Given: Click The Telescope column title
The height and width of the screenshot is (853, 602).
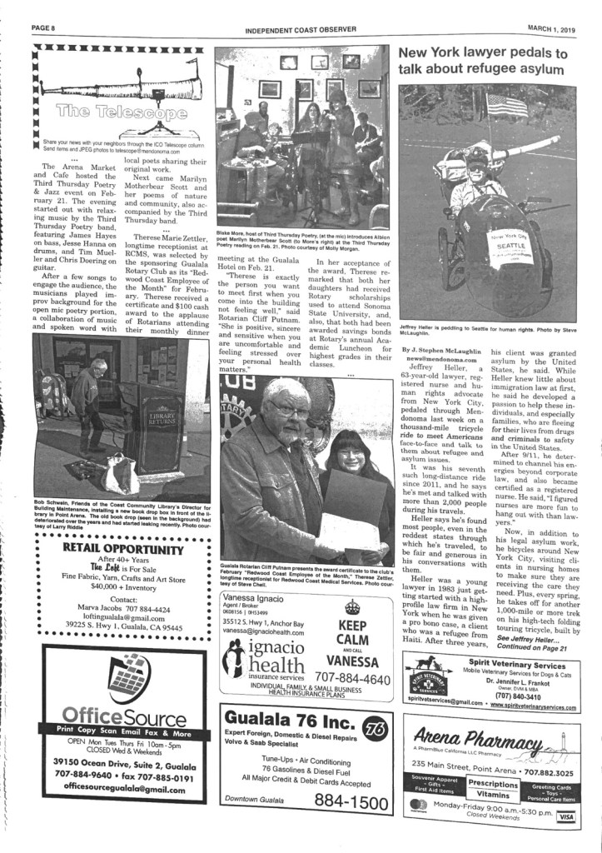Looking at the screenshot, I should (116, 111).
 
